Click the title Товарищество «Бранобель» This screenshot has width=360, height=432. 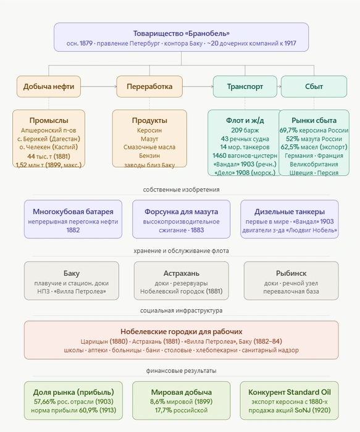coord(181,33)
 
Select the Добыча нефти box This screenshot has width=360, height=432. coord(49,86)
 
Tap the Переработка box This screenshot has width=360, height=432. coord(149,86)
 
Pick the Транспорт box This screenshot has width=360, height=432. coord(245,86)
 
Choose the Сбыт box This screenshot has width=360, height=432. coord(314,86)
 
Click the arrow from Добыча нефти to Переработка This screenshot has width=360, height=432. coord(99,86)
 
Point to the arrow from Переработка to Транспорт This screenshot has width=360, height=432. coord(198,86)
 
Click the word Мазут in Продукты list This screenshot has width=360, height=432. coord(149,139)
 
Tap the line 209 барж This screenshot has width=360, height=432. coord(245,130)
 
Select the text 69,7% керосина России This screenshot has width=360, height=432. coord(314,130)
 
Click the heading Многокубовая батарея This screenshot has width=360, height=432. coord(73,212)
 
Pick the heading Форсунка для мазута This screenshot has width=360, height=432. coord(181,212)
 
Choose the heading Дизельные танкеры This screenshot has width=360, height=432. coord(290,212)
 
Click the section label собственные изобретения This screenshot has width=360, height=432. coord(181,189)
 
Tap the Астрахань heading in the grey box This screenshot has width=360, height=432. coord(182,273)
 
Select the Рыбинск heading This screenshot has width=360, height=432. coord(291,273)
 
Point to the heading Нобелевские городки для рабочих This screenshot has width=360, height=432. coord(181,331)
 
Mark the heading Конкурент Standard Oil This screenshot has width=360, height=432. coord(290,392)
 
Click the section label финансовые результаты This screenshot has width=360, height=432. coord(181,371)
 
